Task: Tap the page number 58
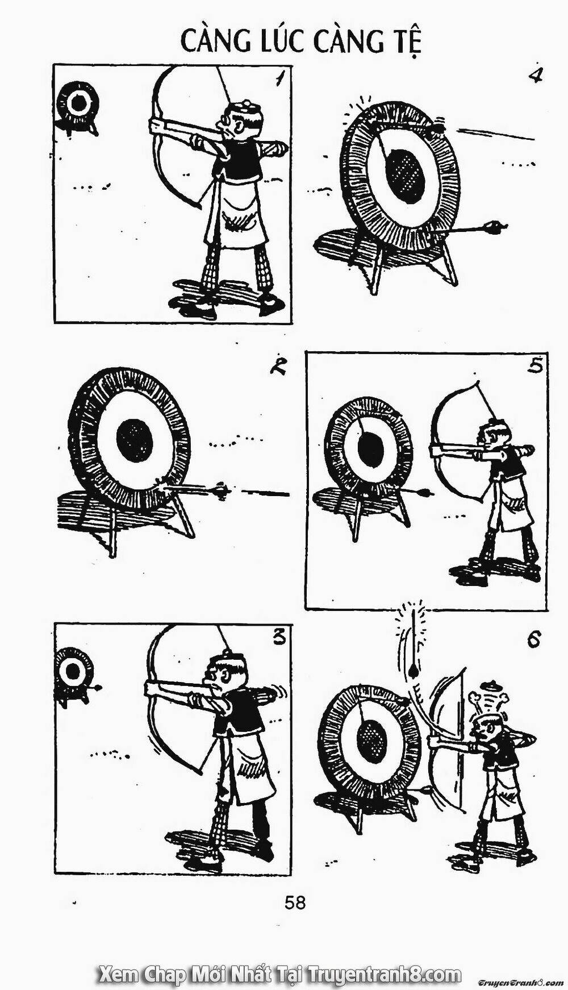(295, 902)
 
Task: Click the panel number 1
(278, 78)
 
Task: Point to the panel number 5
(534, 365)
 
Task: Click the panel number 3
(278, 638)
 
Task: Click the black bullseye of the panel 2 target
(135, 440)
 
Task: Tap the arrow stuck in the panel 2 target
(199, 489)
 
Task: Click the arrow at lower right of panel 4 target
(477, 229)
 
